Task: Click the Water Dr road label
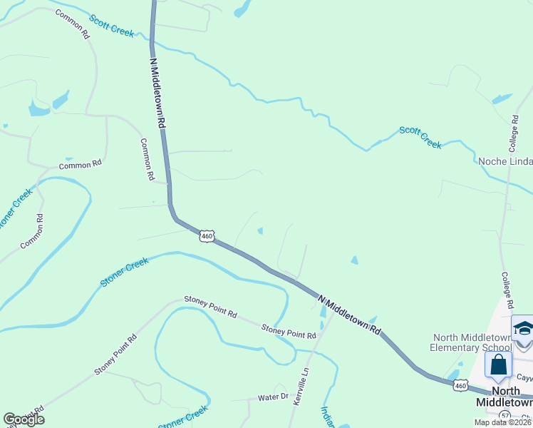pos(272,397)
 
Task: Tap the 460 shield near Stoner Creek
pos(207,236)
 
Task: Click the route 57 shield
pos(504,414)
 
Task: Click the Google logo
pos(24,419)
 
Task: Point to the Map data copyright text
pos(503,422)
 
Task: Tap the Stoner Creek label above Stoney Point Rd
pos(124,272)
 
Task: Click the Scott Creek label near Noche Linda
pos(420,138)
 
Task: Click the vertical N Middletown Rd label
pos(157,93)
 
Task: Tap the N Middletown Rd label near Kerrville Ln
pos(349,315)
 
